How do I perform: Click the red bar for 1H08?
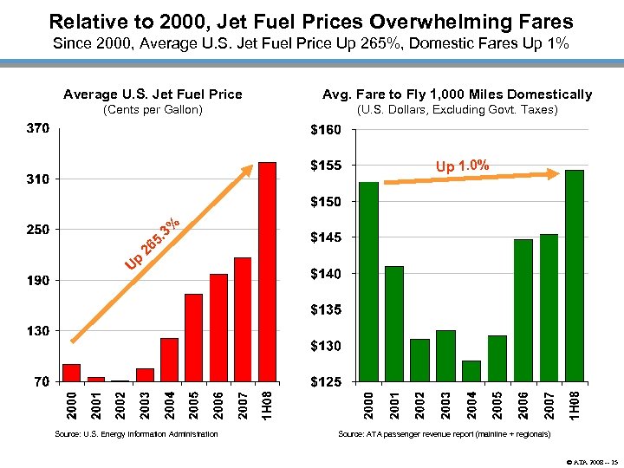pos(267,272)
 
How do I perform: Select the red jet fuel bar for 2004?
pos(169,360)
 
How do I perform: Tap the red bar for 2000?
pos(71,373)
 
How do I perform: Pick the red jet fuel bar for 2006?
pos(218,328)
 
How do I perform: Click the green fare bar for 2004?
pos(471,371)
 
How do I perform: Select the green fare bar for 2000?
pos(368,282)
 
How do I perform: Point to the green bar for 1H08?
pos(574,276)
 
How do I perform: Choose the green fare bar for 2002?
pos(419,360)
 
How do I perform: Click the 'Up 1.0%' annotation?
pos(462,166)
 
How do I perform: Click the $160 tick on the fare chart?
pos(326,130)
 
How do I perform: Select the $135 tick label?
pos(326,309)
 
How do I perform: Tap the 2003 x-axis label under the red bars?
pos(145,405)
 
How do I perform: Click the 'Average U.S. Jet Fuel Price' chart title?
pos(153,94)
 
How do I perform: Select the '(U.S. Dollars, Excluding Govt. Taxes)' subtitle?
pos(457,109)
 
